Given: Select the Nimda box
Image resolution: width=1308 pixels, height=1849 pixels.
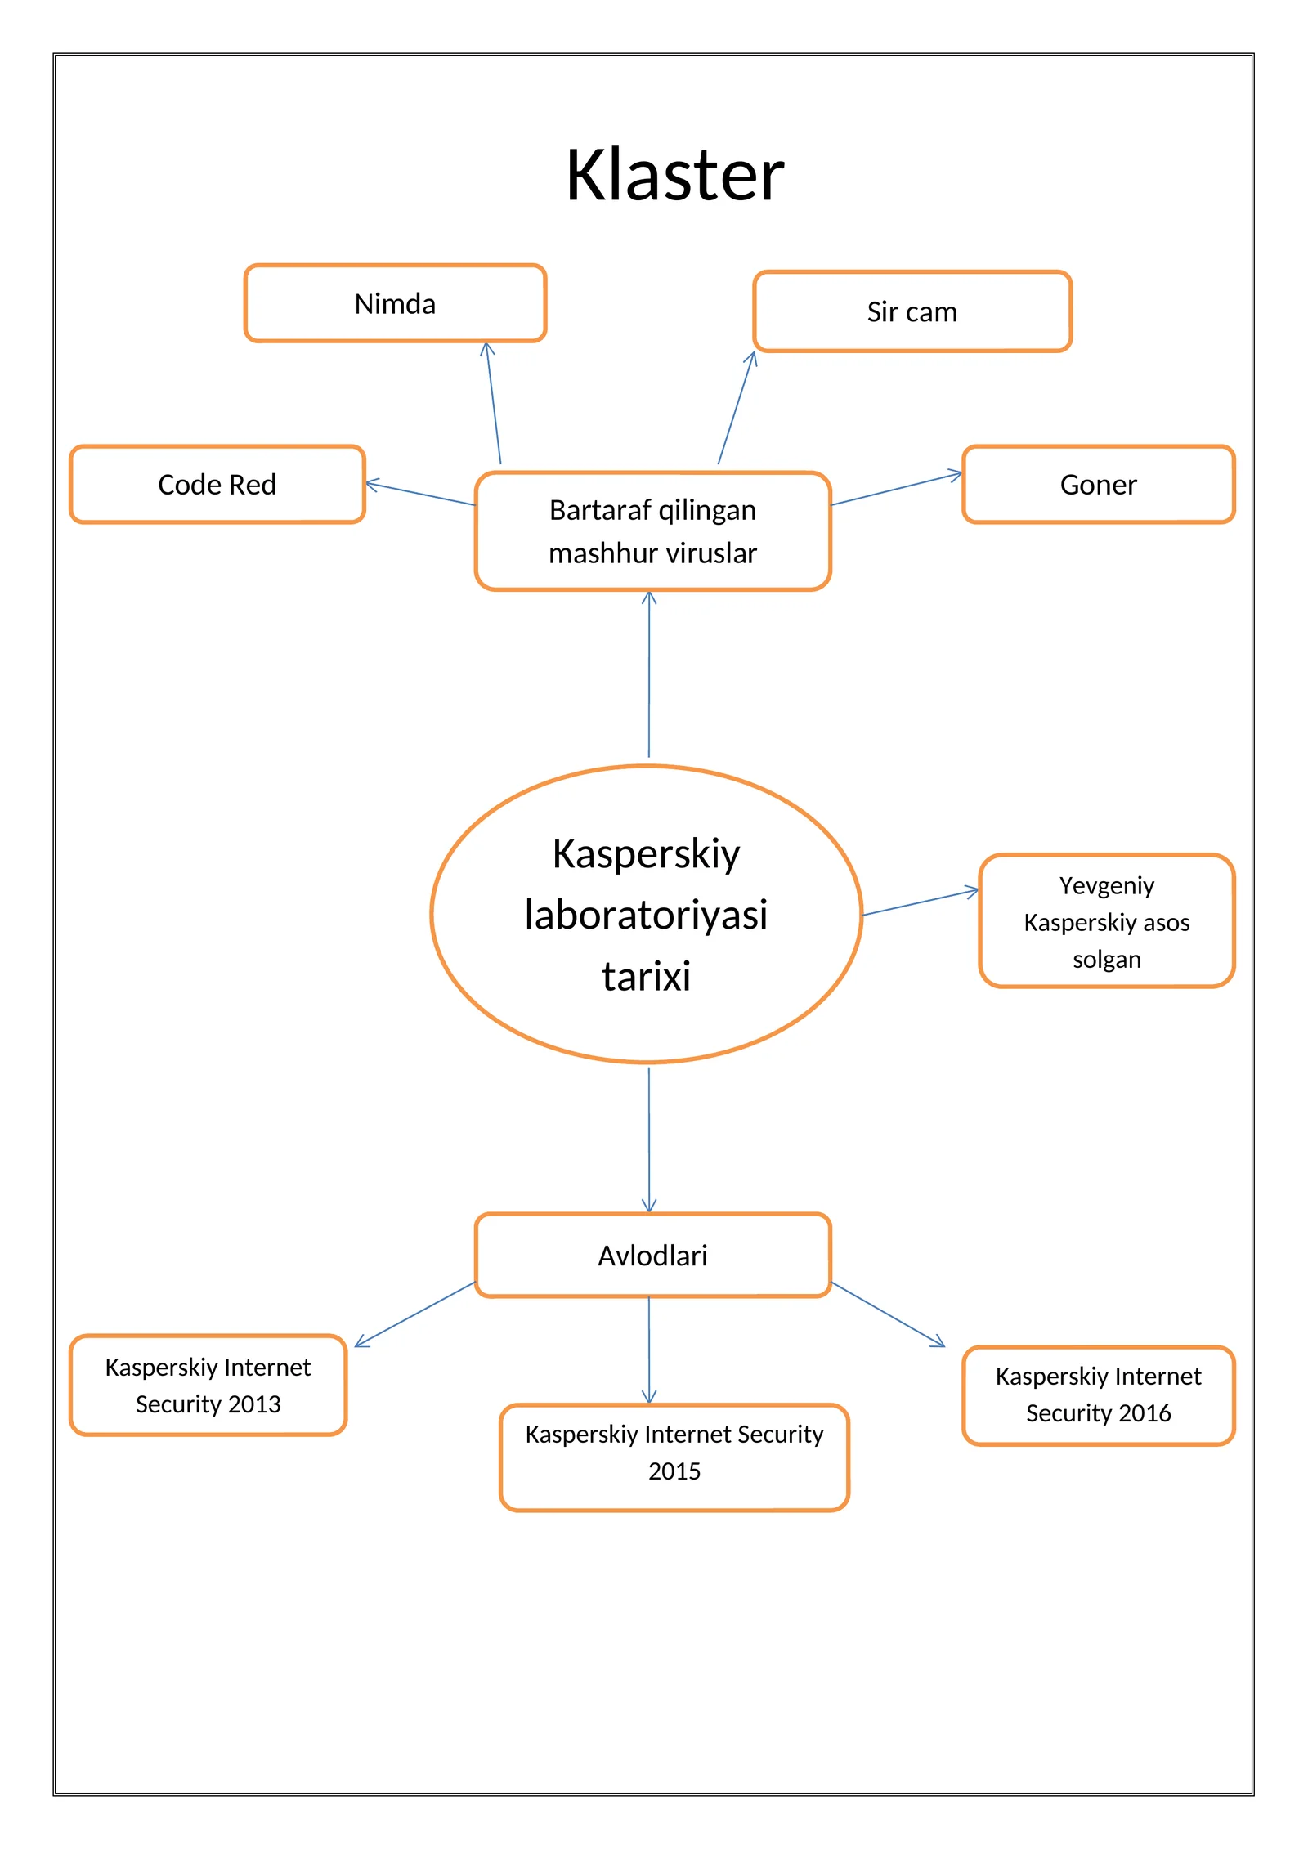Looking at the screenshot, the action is click(x=395, y=303).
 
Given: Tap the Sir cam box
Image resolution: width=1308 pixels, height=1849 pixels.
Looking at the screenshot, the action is click(x=912, y=311).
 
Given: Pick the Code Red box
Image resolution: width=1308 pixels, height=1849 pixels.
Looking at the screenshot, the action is click(x=217, y=484).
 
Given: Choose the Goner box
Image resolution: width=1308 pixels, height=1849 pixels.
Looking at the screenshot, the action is click(x=1099, y=484).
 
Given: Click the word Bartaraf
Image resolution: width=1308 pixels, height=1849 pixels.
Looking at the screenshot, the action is click(x=601, y=510).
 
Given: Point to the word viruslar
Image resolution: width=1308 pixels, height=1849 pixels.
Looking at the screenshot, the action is click(x=710, y=553).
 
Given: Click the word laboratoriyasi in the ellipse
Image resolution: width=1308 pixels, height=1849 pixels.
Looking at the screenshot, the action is click(x=646, y=915).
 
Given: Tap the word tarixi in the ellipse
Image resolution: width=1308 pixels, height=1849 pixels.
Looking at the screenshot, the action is click(x=646, y=976).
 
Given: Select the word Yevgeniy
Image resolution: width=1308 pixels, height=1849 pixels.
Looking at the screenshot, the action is click(x=1107, y=886).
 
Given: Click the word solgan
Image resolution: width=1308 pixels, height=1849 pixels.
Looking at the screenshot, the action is click(x=1107, y=960).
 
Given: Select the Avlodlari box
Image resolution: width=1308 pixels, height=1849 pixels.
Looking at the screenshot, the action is click(x=653, y=1255).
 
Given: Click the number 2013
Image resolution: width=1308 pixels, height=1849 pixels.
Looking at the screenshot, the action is click(x=254, y=1404).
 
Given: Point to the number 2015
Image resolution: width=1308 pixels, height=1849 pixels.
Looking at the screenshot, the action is click(x=674, y=1471).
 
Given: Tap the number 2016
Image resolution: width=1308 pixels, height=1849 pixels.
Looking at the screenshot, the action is click(x=1144, y=1412).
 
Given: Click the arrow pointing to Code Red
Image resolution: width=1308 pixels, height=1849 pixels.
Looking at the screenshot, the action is click(x=420, y=494).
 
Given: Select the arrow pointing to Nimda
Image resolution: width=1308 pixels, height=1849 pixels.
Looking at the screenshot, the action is click(x=493, y=403).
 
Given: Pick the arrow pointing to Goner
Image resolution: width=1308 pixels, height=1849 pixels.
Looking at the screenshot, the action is click(x=897, y=488).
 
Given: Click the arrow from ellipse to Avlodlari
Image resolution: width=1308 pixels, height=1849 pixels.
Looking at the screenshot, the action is click(x=649, y=1139).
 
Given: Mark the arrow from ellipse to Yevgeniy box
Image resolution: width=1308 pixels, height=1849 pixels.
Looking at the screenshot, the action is click(x=921, y=902).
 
